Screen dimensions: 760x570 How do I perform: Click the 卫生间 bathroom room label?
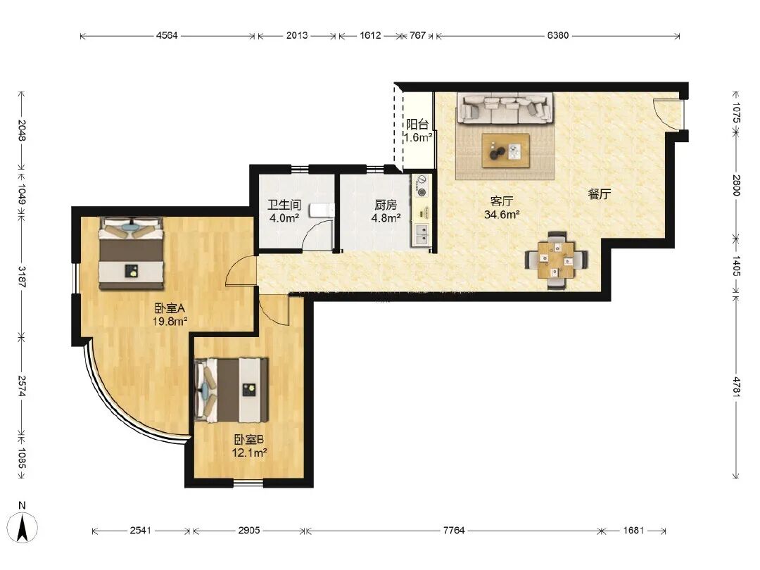[x=284, y=205]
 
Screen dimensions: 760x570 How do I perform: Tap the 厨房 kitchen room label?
[x=386, y=205]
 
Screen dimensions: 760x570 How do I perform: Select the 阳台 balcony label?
[x=417, y=124]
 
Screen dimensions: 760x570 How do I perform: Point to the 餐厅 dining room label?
[x=599, y=194]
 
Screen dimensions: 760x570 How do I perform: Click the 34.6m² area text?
[x=502, y=214]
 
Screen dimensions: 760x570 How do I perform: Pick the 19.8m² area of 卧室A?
[x=170, y=321]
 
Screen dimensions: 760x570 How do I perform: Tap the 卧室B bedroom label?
[x=249, y=440]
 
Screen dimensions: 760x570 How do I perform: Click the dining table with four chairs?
[x=557, y=260]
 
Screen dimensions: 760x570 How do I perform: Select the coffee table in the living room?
[x=505, y=151]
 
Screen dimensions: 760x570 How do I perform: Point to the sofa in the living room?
[x=505, y=108]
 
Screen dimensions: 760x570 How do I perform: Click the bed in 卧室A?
[x=131, y=253]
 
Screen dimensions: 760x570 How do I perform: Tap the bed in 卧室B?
[x=232, y=390]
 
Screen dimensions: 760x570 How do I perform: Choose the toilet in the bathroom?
[x=322, y=210]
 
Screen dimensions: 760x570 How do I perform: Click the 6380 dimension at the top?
[x=558, y=35]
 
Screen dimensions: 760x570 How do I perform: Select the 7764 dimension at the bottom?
[x=454, y=531]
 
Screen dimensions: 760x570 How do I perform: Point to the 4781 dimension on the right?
[x=736, y=386]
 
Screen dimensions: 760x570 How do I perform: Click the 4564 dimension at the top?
[x=167, y=35]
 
